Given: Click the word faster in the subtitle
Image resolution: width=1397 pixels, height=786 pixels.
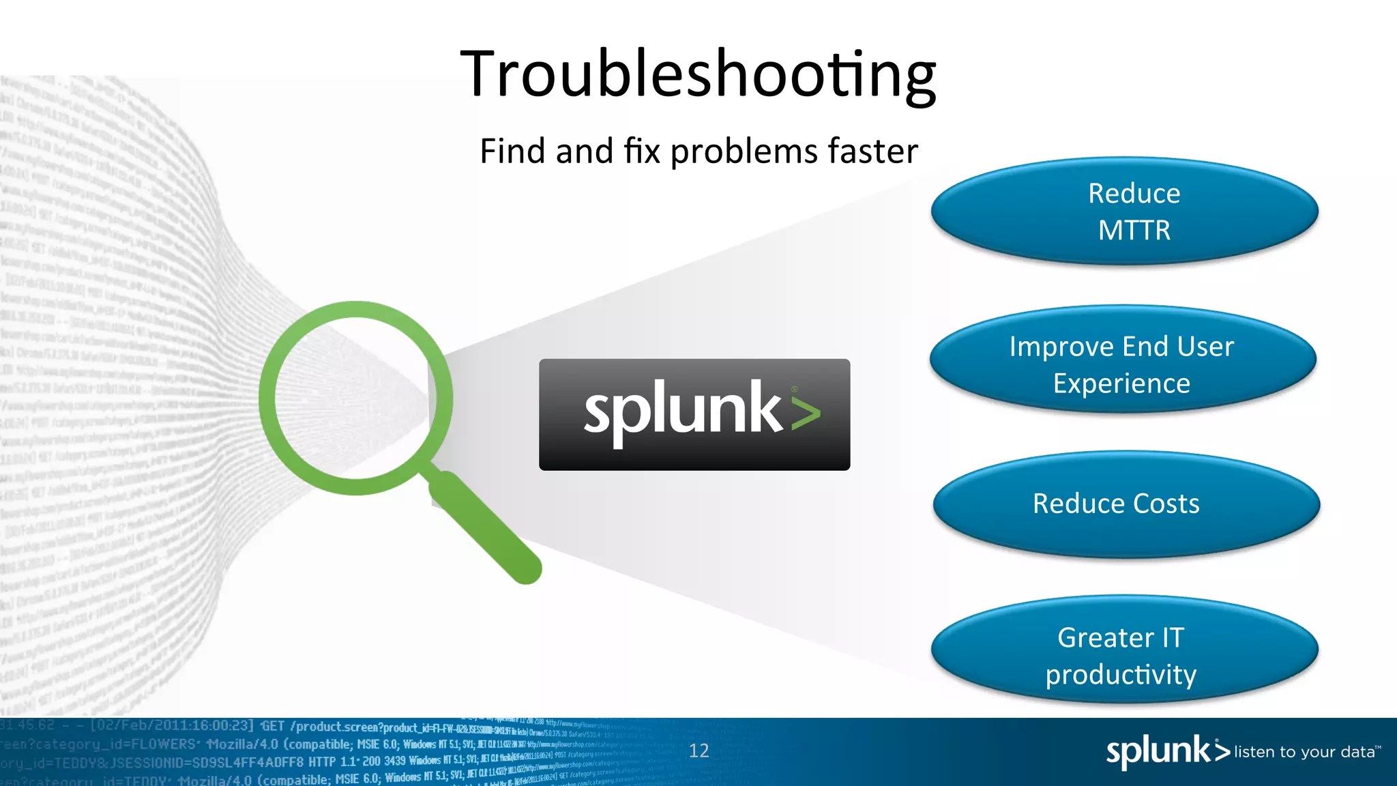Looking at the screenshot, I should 872,151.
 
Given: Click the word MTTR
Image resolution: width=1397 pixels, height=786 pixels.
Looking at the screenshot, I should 1134,231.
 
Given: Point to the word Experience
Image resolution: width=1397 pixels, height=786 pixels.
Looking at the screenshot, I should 1121,383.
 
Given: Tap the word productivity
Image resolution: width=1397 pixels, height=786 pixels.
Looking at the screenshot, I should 1121,675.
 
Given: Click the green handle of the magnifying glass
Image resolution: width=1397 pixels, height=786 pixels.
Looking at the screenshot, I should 487,529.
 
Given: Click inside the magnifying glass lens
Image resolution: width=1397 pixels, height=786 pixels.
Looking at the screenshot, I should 355,398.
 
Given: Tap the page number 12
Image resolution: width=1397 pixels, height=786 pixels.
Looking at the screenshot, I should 698,751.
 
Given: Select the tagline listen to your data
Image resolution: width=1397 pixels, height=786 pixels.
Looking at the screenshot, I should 1306,752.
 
